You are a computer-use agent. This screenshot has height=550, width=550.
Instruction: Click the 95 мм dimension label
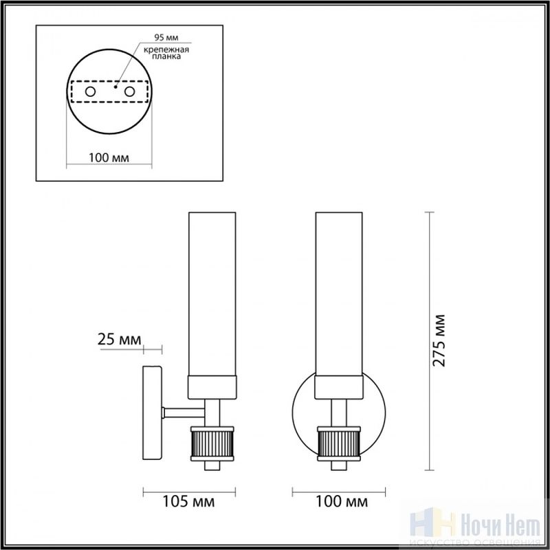click(x=166, y=38)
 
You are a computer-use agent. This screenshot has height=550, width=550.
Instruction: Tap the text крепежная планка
click(x=166, y=53)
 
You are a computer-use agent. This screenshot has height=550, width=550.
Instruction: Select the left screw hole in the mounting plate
click(x=90, y=92)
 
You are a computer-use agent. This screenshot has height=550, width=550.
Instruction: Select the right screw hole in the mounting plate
click(x=129, y=92)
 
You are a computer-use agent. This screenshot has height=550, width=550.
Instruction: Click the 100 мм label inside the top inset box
click(x=109, y=158)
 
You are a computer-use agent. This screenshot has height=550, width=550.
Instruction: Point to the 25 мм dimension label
click(x=119, y=340)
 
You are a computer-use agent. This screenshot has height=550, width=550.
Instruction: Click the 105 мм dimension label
click(x=188, y=502)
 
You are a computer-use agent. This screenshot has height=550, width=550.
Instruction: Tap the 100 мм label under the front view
click(x=342, y=502)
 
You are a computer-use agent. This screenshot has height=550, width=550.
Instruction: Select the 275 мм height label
click(x=439, y=341)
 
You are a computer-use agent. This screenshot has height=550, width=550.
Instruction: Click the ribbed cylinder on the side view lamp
click(x=212, y=443)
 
